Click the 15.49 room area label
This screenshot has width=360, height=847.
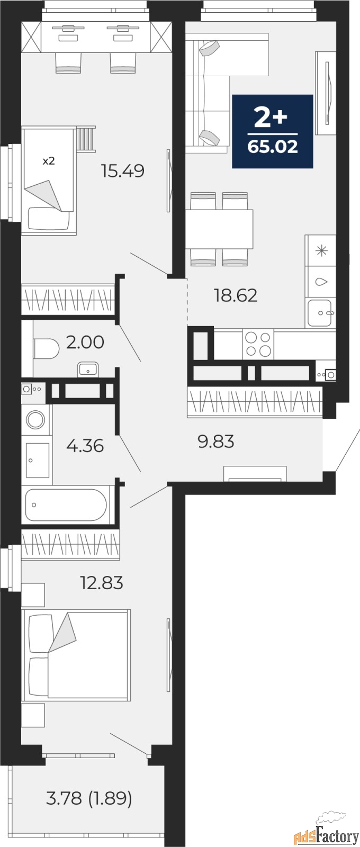tap(123, 171)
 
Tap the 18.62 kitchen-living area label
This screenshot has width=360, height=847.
tap(235, 295)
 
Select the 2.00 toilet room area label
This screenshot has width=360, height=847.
tap(85, 343)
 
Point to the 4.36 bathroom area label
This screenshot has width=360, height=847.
tap(85, 446)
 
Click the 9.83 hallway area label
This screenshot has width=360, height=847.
tap(215, 441)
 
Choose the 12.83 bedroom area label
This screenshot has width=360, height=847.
tap(101, 583)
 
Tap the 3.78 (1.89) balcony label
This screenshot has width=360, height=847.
tap(89, 798)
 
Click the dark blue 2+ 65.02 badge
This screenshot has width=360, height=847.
tap(273, 131)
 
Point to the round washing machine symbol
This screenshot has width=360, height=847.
tap(36, 420)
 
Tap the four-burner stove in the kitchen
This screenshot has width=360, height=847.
tap(258, 344)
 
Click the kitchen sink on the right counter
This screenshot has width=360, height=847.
tap(320, 312)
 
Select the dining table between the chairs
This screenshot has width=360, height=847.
tap(219, 229)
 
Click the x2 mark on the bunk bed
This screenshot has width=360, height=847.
tap(48, 161)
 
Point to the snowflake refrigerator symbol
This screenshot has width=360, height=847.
tap(321, 251)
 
